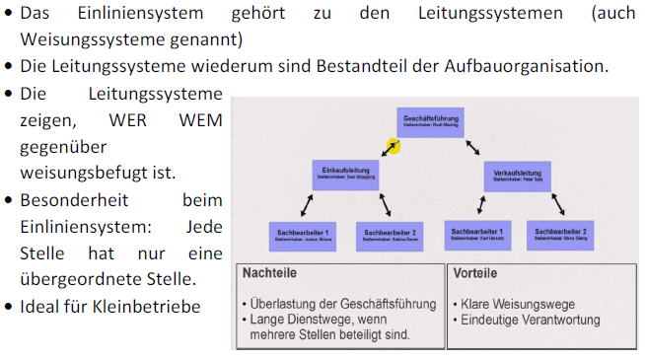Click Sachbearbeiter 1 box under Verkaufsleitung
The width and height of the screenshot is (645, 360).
coord(477,234)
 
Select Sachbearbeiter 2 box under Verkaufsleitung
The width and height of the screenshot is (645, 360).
coord(561,234)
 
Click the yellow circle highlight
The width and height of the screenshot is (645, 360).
coord(393,147)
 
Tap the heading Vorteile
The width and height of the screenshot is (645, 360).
coord(478,273)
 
